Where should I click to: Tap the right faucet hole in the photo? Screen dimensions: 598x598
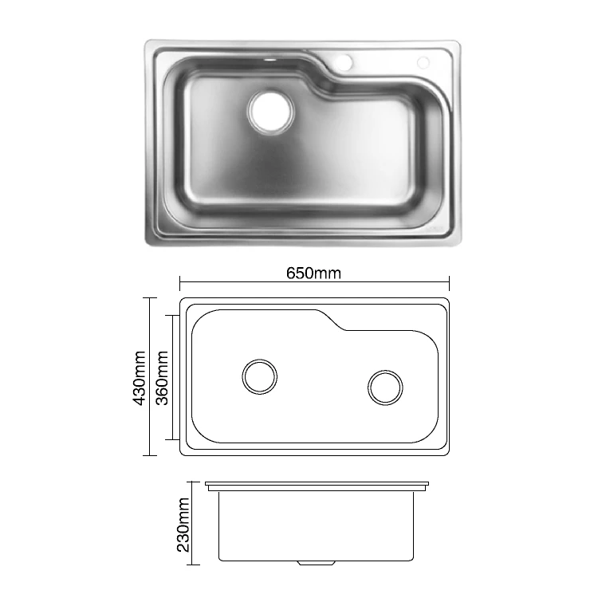[423, 62]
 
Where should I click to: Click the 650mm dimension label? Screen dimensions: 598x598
[314, 273]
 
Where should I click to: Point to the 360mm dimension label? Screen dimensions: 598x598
[162, 378]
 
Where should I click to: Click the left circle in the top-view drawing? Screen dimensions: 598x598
[260, 376]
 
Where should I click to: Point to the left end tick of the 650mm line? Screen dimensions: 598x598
[180, 282]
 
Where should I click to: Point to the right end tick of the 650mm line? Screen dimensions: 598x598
[450, 282]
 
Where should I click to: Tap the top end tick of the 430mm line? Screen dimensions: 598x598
[148, 298]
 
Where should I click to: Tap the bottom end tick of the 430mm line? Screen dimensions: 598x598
[148, 455]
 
